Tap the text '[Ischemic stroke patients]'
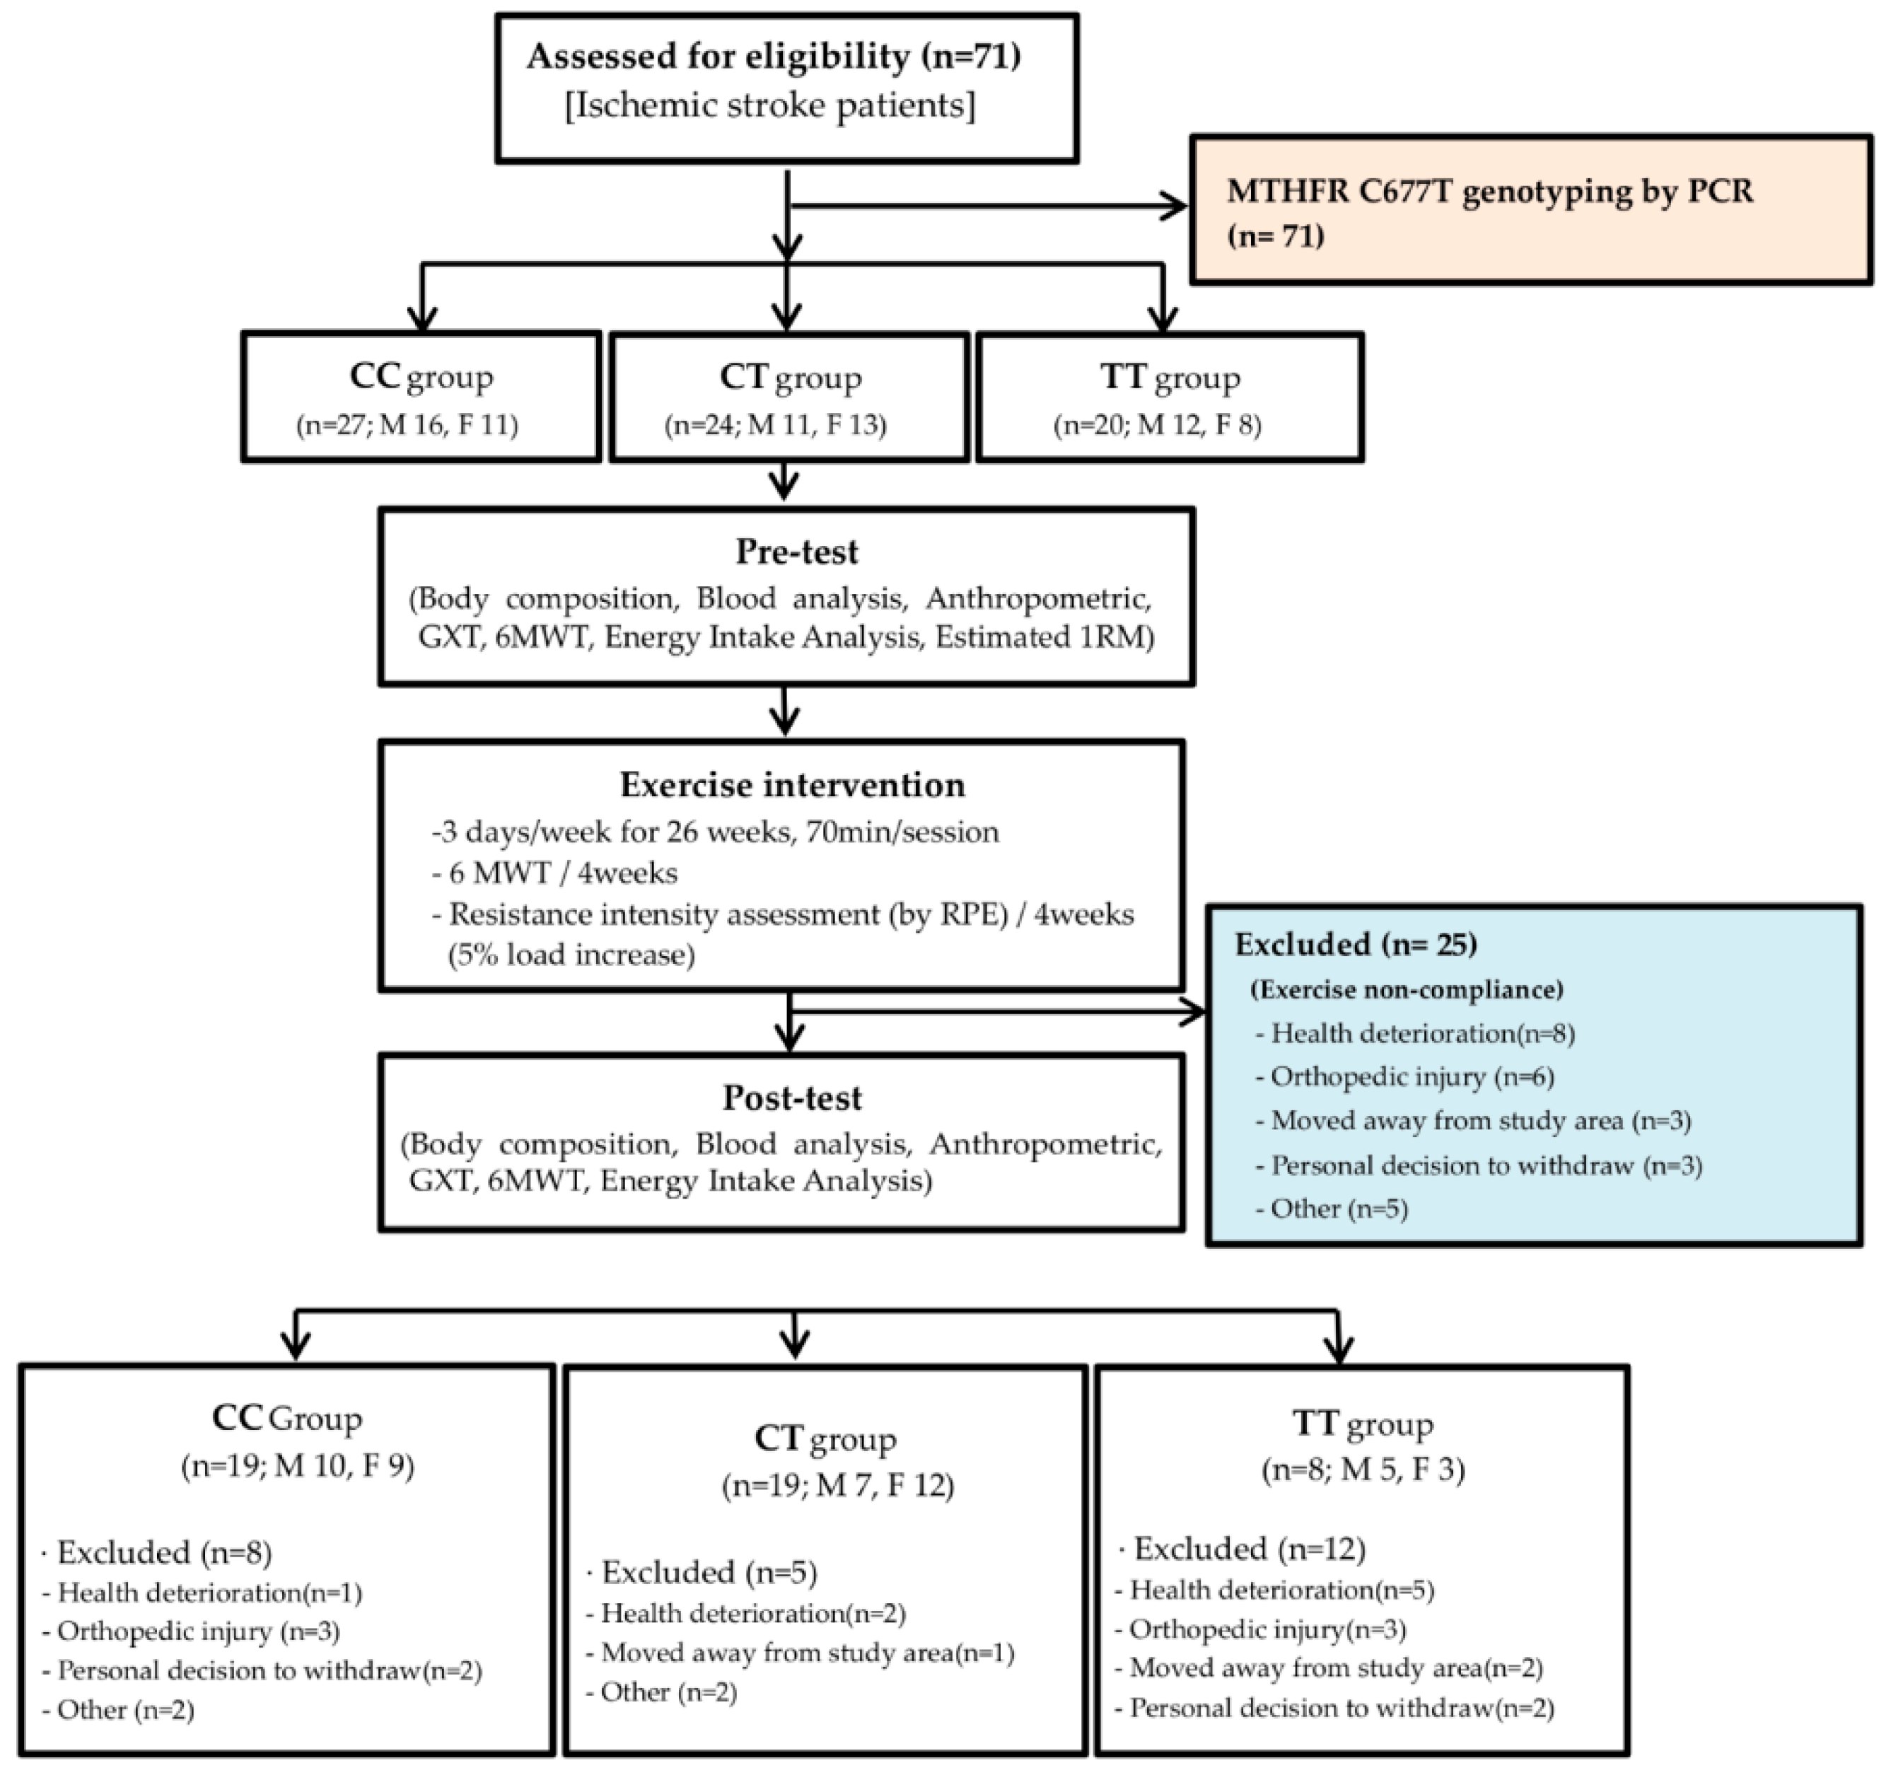click(x=771, y=105)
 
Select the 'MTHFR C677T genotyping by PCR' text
click(x=1489, y=191)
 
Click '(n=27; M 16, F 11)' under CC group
click(x=407, y=424)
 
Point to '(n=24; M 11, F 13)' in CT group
click(x=775, y=424)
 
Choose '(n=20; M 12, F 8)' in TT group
click(x=1158, y=424)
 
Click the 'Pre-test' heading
click(x=796, y=552)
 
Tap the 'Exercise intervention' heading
click(x=791, y=785)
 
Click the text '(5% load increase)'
click(x=571, y=954)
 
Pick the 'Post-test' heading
click(x=791, y=1098)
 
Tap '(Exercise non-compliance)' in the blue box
click(x=1406, y=989)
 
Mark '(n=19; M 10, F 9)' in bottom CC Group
click(x=298, y=1466)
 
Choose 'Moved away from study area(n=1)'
click(x=807, y=1652)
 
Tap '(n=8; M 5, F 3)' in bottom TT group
click(x=1363, y=1470)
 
